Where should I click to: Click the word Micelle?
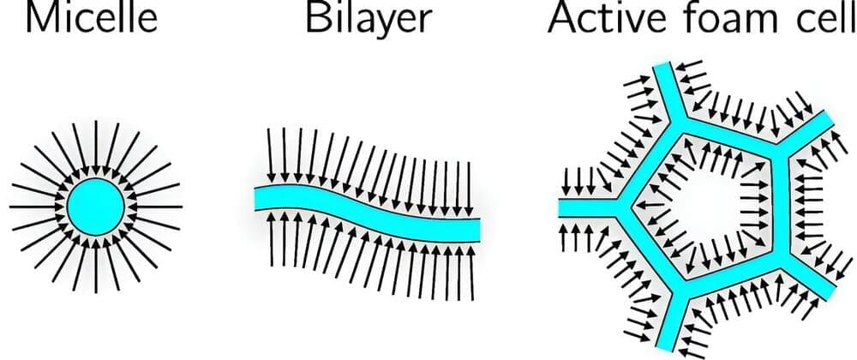click(92, 17)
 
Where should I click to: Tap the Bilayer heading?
click(369, 19)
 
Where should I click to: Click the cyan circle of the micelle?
click(96, 207)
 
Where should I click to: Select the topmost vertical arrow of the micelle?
click(96, 147)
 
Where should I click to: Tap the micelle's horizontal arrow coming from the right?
click(154, 207)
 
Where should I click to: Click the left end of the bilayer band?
click(255, 197)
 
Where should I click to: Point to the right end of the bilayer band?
click(479, 230)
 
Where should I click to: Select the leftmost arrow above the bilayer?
click(270, 156)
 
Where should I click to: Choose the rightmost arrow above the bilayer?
click(470, 189)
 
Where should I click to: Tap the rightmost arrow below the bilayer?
click(470, 273)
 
